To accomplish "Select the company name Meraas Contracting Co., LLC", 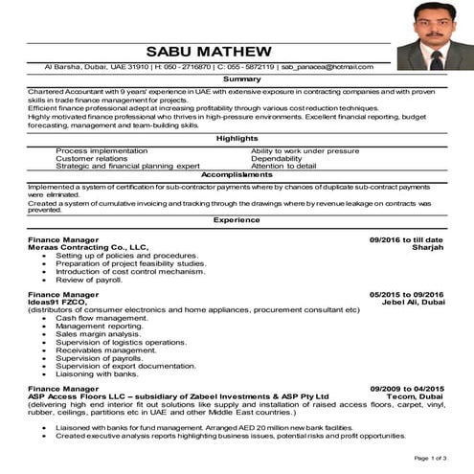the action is tap(88, 247).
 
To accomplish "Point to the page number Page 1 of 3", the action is tap(431, 460).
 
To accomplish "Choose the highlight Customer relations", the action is tap(91, 159).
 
